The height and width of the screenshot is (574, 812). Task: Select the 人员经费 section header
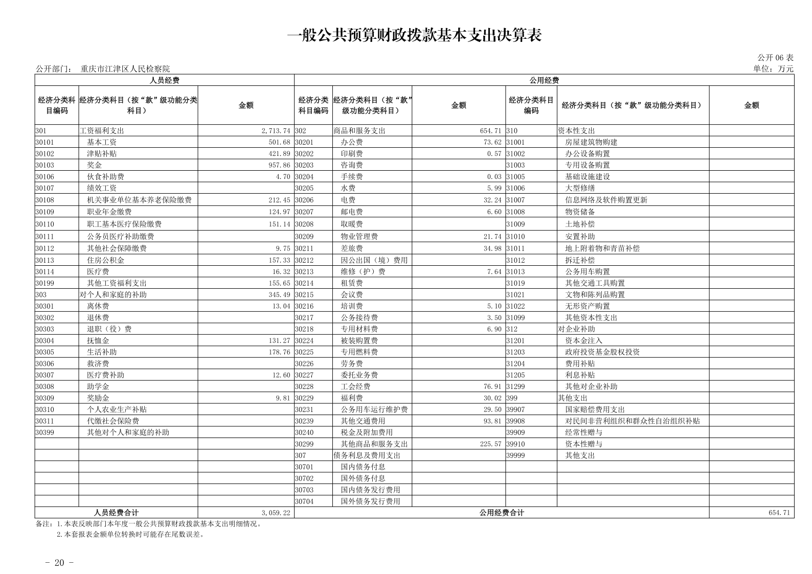pyautogui.click(x=164, y=80)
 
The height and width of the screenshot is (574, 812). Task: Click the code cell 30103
pyautogui.click(x=44, y=165)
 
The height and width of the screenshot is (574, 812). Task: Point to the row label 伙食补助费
pyautogui.click(x=105, y=177)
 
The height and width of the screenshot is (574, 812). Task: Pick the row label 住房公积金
pyautogui.click(x=105, y=260)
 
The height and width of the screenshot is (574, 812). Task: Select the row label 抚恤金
pyautogui.click(x=98, y=341)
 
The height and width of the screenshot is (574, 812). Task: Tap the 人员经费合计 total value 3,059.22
pyautogui.click(x=276, y=513)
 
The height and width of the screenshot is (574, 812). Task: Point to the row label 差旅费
pyautogui.click(x=352, y=248)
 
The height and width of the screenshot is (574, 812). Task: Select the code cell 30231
pyautogui.click(x=304, y=409)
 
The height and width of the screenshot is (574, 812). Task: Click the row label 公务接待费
pyautogui.click(x=359, y=317)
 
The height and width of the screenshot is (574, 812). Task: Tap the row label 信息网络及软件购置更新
pyautogui.click(x=606, y=200)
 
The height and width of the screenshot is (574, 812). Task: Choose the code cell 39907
pyautogui.click(x=515, y=409)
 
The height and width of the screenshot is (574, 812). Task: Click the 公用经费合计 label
pyautogui.click(x=502, y=513)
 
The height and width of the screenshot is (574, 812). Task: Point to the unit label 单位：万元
pyautogui.click(x=773, y=69)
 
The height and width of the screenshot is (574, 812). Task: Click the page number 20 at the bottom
pyautogui.click(x=59, y=563)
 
